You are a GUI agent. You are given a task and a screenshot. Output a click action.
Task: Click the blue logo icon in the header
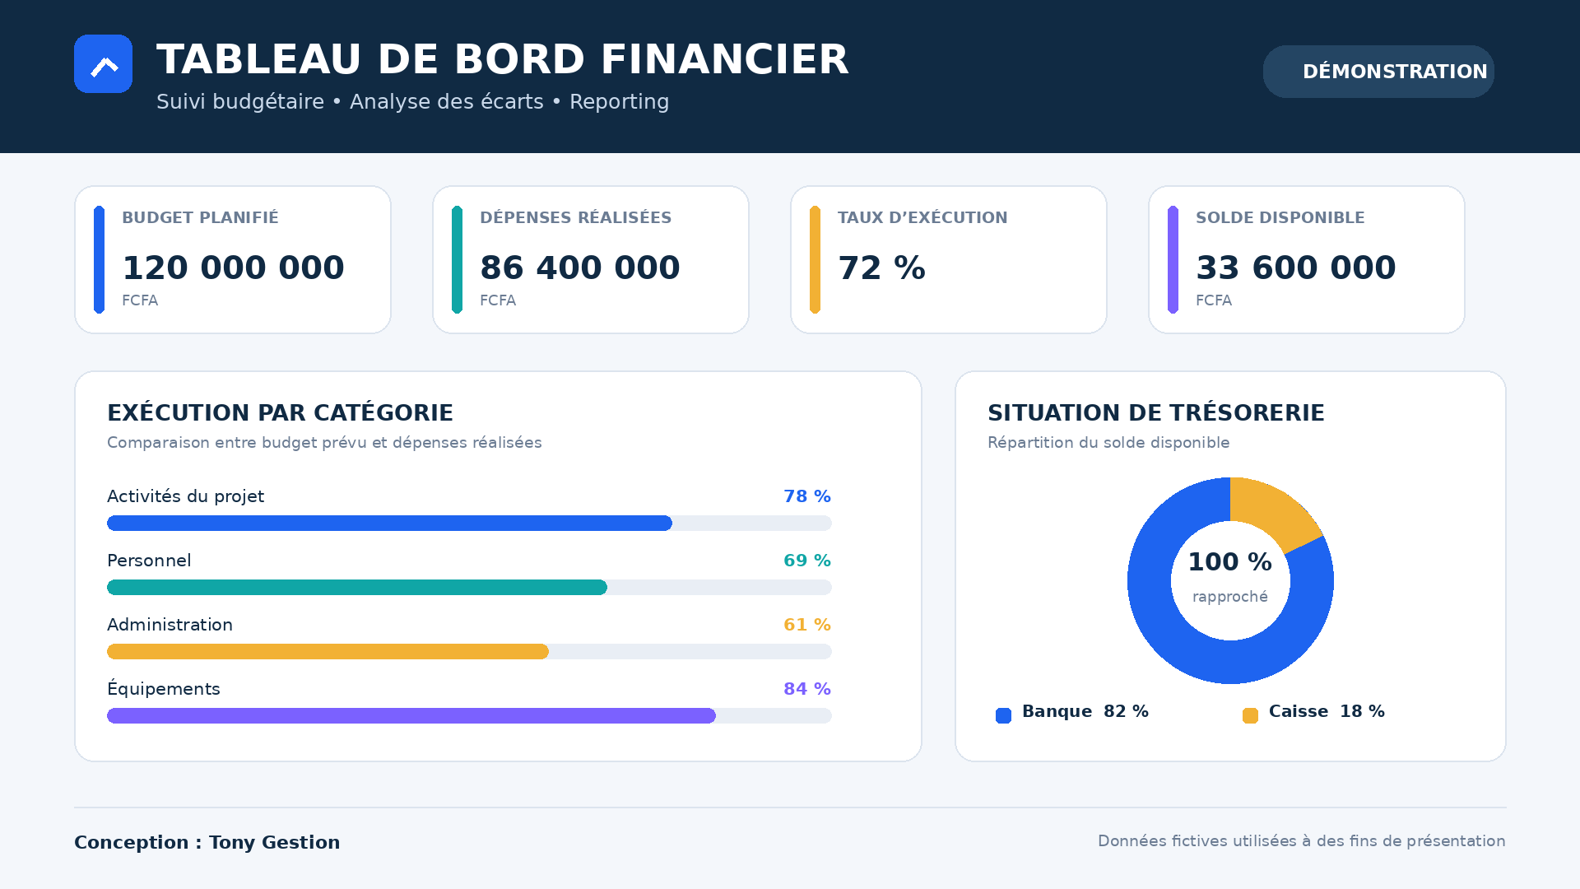tap(103, 63)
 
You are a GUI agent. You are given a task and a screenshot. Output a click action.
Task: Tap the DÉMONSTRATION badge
tap(1378, 72)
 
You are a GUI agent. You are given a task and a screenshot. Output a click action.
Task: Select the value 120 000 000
tap(233, 268)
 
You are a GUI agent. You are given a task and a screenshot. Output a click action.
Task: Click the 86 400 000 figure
tap(580, 268)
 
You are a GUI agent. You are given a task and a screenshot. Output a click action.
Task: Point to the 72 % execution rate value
tap(881, 268)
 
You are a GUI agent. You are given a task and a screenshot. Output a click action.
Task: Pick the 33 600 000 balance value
tap(1296, 268)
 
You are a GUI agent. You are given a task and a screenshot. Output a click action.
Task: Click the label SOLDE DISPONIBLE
tap(1280, 217)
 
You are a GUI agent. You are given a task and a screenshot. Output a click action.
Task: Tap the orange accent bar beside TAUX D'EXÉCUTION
tap(815, 259)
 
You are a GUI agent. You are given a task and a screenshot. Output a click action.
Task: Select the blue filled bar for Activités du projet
tap(389, 524)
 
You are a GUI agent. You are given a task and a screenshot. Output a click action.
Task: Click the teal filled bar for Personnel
tap(357, 588)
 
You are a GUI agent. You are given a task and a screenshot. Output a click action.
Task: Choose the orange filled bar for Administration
tap(328, 652)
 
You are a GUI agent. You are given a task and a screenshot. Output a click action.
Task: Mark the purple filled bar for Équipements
tap(411, 716)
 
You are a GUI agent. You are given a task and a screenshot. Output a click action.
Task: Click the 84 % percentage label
tap(807, 689)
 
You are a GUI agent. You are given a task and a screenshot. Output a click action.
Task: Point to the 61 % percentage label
tap(807, 625)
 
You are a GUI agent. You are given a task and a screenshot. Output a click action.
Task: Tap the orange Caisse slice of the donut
tap(1271, 511)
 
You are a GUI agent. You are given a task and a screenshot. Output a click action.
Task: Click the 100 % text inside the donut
tap(1230, 562)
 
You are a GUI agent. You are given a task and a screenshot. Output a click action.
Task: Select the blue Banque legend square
tap(1003, 715)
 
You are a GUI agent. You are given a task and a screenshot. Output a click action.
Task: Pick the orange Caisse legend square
tap(1250, 715)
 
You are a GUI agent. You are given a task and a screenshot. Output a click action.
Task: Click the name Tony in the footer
tap(232, 843)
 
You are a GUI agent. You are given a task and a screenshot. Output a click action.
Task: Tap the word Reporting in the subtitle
tap(620, 102)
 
